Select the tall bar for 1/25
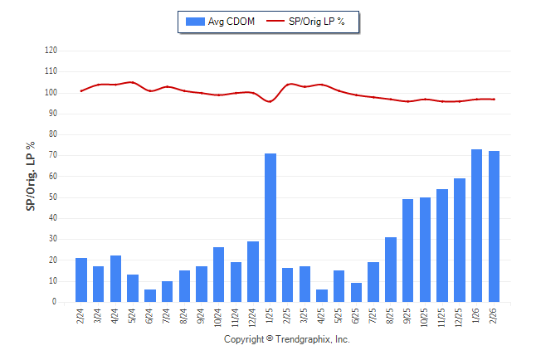270,228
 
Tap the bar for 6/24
149,296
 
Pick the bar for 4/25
322,296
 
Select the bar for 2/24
81,280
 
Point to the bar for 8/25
391,270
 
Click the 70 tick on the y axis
52,155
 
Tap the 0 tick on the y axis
55,302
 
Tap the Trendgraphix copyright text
287,339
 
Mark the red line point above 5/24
133,82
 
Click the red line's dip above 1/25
270,101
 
